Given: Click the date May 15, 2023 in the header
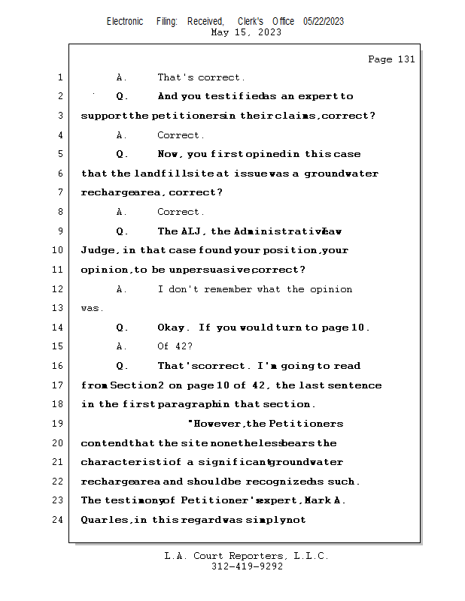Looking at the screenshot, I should [246, 32].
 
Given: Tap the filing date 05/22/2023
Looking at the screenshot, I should [324, 21].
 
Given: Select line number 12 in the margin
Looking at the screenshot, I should [59, 289].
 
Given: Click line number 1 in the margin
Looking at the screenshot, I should [60, 77].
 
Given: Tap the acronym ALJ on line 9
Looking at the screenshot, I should [190, 231].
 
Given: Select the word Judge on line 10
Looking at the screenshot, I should [97, 250].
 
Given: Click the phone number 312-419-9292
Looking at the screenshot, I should [247, 566].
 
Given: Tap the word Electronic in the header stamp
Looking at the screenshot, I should [125, 21].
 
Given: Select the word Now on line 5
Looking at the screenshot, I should [169, 154].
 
